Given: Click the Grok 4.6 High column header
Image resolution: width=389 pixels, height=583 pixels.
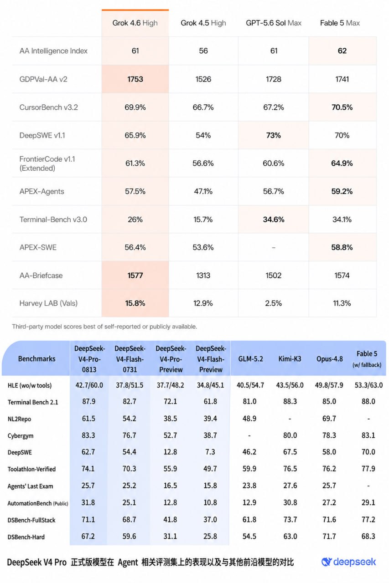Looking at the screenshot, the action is [135, 23].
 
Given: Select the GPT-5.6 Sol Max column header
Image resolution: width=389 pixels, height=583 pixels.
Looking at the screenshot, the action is [274, 23].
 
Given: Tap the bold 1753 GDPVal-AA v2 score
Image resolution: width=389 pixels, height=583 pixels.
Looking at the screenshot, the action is [135, 79].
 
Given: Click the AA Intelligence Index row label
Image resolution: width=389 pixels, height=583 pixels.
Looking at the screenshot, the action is [53, 51].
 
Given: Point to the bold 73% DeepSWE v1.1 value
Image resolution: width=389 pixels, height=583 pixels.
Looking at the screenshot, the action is [273, 135].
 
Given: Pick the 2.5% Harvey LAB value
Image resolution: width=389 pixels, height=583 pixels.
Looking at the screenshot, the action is [273, 303].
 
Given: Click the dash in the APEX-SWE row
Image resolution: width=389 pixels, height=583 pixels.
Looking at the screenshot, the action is [273, 247].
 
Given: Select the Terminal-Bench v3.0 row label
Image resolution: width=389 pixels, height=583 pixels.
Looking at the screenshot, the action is [53, 220].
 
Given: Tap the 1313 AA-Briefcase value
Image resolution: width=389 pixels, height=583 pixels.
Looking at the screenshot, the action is [203, 276].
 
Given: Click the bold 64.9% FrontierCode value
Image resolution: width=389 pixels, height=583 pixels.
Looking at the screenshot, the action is [342, 163].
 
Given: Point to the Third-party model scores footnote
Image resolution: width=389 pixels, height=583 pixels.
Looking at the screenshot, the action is [104, 327].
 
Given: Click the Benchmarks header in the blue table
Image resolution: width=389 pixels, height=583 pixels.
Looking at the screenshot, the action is [37, 358].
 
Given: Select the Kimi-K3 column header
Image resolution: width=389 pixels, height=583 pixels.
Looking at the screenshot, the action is [290, 359].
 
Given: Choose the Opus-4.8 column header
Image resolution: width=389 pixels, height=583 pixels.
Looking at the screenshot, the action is [329, 359].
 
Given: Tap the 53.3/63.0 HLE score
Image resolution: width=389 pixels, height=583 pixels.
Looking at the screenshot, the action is [368, 385].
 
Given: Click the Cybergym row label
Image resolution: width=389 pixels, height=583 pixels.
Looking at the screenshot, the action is [21, 436].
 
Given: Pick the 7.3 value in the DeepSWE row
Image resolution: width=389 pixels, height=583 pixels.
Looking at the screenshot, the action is [210, 452].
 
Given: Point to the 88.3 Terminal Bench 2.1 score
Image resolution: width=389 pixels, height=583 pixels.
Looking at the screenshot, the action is [290, 401].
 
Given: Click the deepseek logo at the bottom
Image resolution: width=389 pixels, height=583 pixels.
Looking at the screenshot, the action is [348, 562].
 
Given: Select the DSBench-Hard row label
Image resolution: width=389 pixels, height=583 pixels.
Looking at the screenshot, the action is [26, 537].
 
